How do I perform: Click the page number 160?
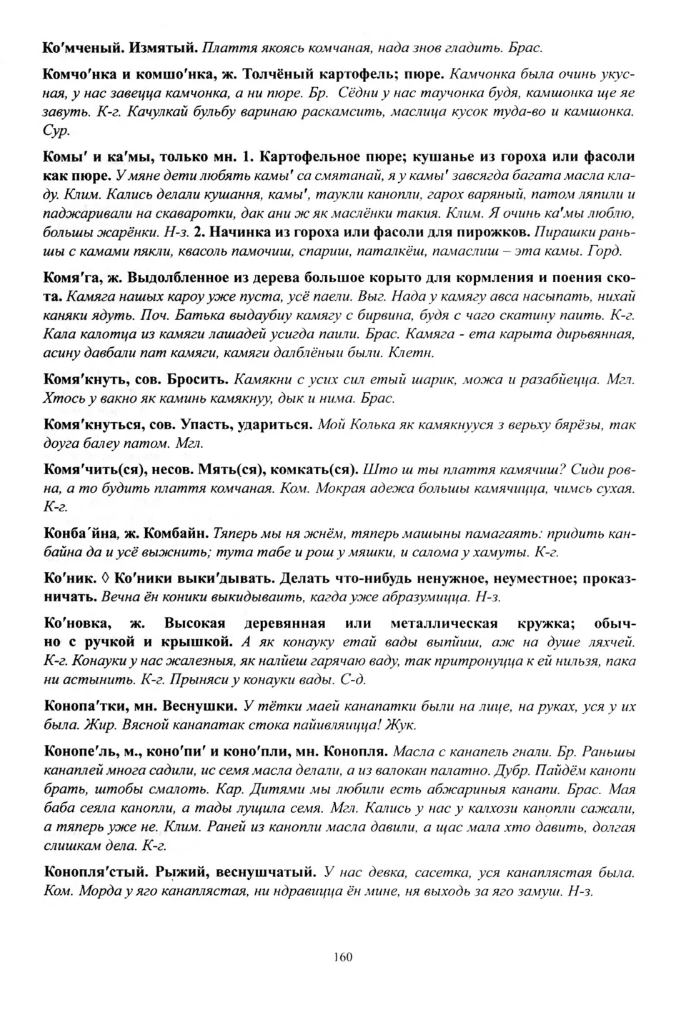point(342,958)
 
